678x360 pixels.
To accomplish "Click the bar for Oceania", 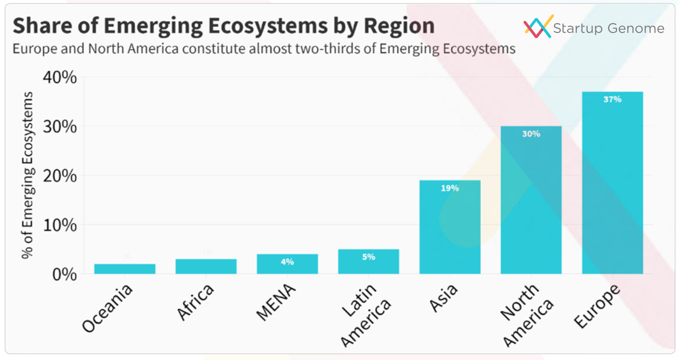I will point(124,269).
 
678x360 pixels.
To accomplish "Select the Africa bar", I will point(206,266).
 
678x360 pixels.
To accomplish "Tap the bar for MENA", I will point(287,264).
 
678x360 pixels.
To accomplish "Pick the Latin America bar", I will point(368,262).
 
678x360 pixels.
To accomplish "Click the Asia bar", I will point(450,227).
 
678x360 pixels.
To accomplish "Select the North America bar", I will point(531,200).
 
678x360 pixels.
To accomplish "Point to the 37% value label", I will point(613,99).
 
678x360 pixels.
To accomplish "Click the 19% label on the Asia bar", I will point(450,188).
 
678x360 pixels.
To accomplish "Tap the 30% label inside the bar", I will point(531,134).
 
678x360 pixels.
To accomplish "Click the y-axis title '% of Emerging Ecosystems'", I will point(28,175).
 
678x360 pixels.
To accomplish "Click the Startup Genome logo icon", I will point(539,26).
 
